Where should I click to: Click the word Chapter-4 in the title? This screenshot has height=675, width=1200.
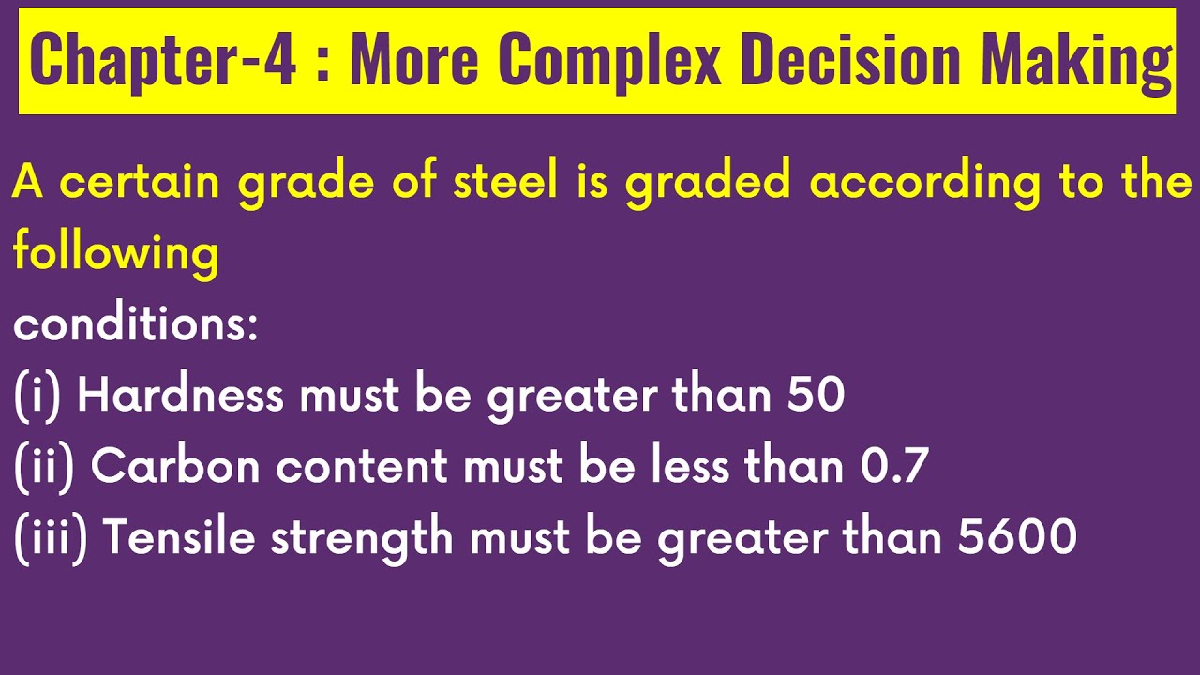[163, 60]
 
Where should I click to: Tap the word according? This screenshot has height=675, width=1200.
[925, 181]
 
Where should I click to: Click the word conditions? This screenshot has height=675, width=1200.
[135, 324]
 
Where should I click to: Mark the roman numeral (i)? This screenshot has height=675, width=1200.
[37, 396]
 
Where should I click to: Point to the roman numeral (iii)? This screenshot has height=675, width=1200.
[51, 538]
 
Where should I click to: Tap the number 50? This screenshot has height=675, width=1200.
[816, 396]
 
